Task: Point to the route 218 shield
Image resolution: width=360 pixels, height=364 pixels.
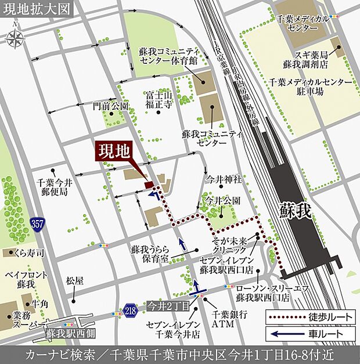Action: coord(131,311)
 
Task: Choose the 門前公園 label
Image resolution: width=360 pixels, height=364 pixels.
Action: coord(110,106)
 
